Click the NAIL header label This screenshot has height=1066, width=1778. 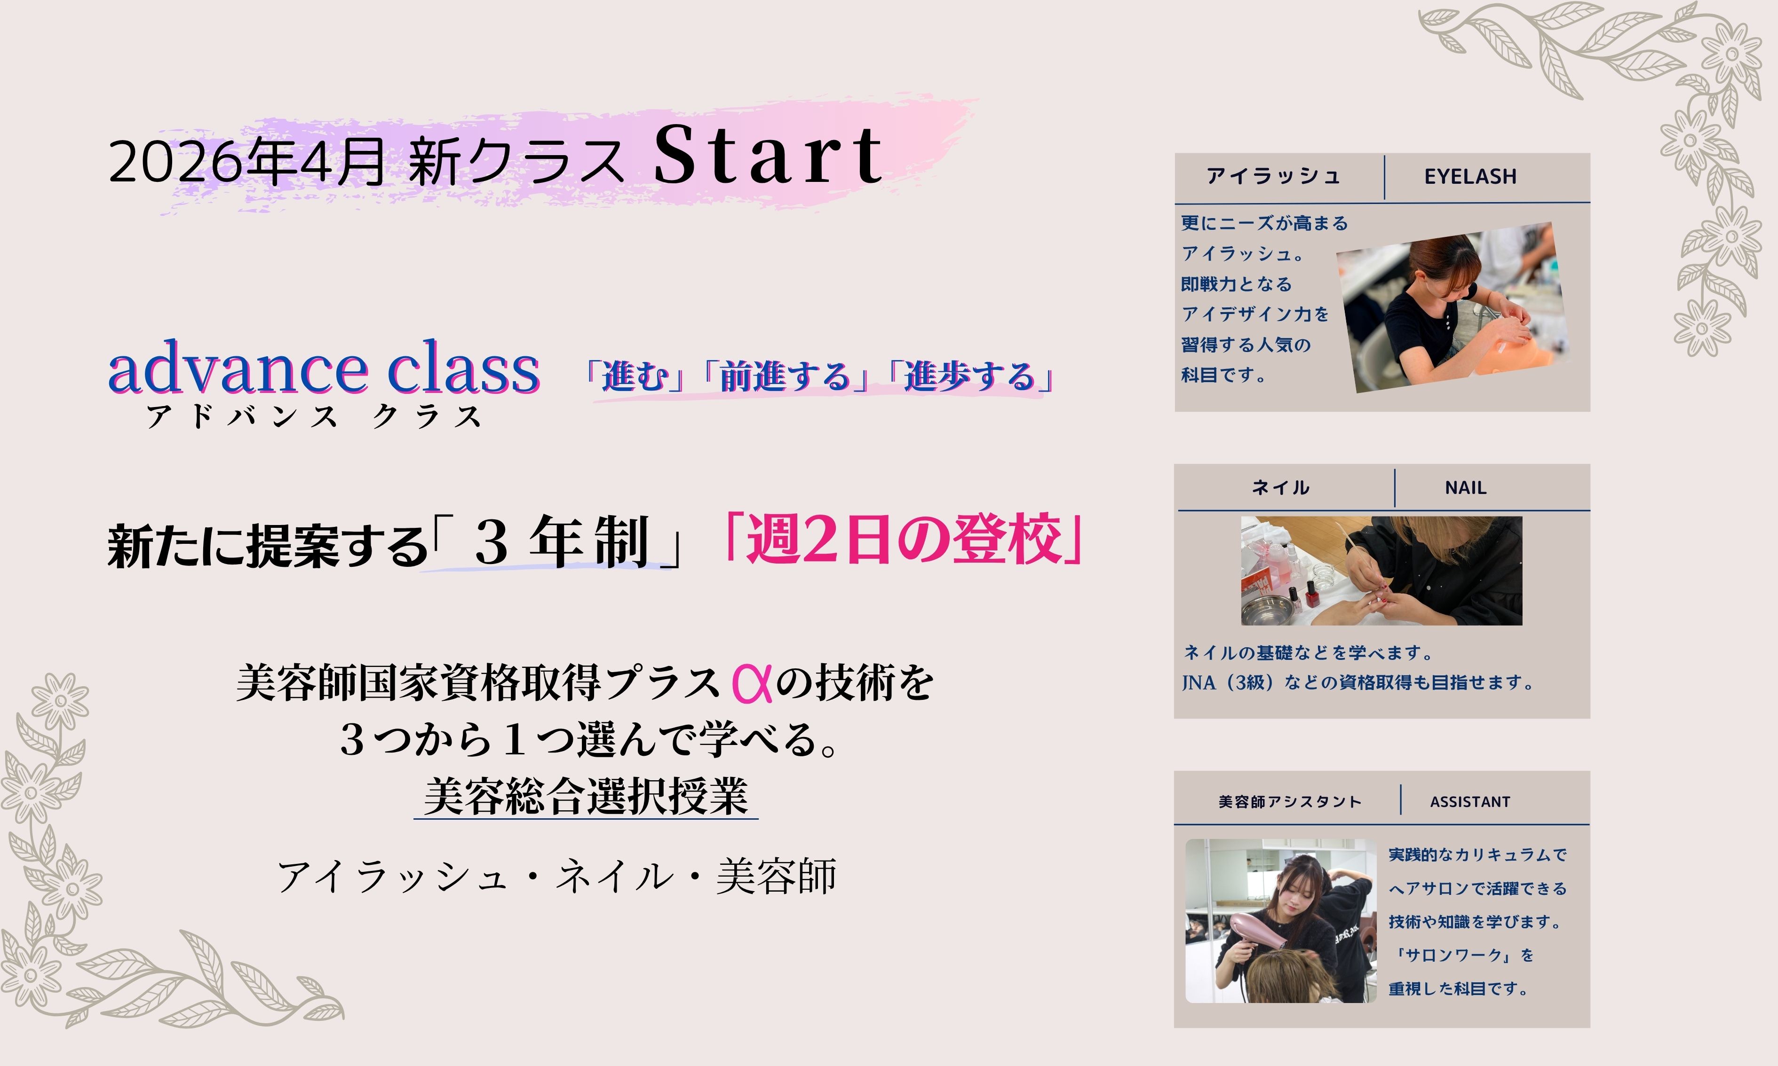[1465, 488]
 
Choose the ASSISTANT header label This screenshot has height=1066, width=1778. [1470, 802]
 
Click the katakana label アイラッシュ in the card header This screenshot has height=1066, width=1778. [1273, 176]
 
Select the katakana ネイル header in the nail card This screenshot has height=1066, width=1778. [1281, 488]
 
